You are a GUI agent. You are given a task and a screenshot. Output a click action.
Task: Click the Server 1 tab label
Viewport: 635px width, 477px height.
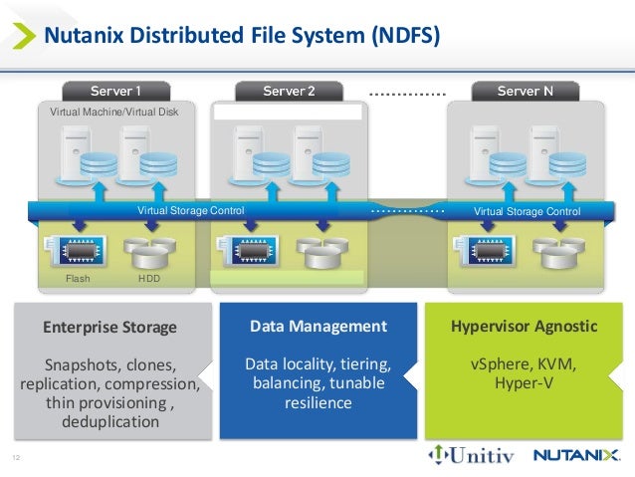115,92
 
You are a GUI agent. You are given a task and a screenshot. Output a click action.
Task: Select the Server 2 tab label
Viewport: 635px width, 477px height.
289,92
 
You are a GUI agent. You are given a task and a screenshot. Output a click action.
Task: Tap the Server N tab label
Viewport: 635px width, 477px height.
525,92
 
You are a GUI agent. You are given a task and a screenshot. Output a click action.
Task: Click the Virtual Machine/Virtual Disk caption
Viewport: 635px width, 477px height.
114,112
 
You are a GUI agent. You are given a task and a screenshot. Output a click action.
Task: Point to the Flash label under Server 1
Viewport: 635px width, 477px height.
78,279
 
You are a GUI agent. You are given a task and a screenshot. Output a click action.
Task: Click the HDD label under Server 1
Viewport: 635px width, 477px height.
147,279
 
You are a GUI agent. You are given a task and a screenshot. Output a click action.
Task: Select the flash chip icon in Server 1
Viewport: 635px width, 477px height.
78,250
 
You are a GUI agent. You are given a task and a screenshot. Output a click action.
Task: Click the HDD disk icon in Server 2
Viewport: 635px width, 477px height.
322,252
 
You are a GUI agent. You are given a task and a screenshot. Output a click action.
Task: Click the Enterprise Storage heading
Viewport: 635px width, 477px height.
109,328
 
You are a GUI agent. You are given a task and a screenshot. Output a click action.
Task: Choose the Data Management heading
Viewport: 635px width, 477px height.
317,327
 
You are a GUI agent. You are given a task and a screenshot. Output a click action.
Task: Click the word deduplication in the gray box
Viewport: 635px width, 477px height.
109,421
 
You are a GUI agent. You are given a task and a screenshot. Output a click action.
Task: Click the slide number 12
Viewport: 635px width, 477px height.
16,457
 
